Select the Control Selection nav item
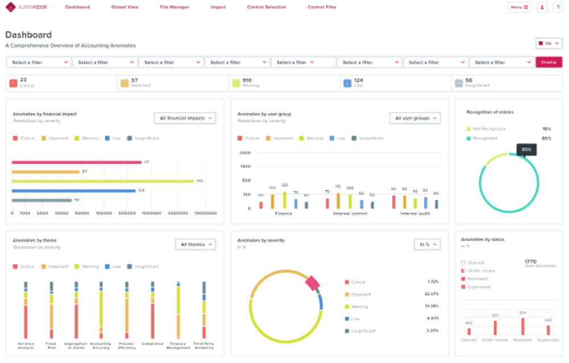tap(267, 7)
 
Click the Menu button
tap(519, 7)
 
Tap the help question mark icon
tap(557, 7)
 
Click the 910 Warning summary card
tap(284, 83)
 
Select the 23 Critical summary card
tap(61, 83)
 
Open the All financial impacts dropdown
tap(185, 118)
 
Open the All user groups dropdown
tap(415, 118)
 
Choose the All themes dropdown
tap(195, 244)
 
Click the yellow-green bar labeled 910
tap(103, 181)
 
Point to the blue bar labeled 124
tap(74, 191)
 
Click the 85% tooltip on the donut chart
tap(526, 150)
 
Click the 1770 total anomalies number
tap(530, 261)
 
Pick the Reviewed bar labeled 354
tap(522, 326)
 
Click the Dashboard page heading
tap(28, 35)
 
